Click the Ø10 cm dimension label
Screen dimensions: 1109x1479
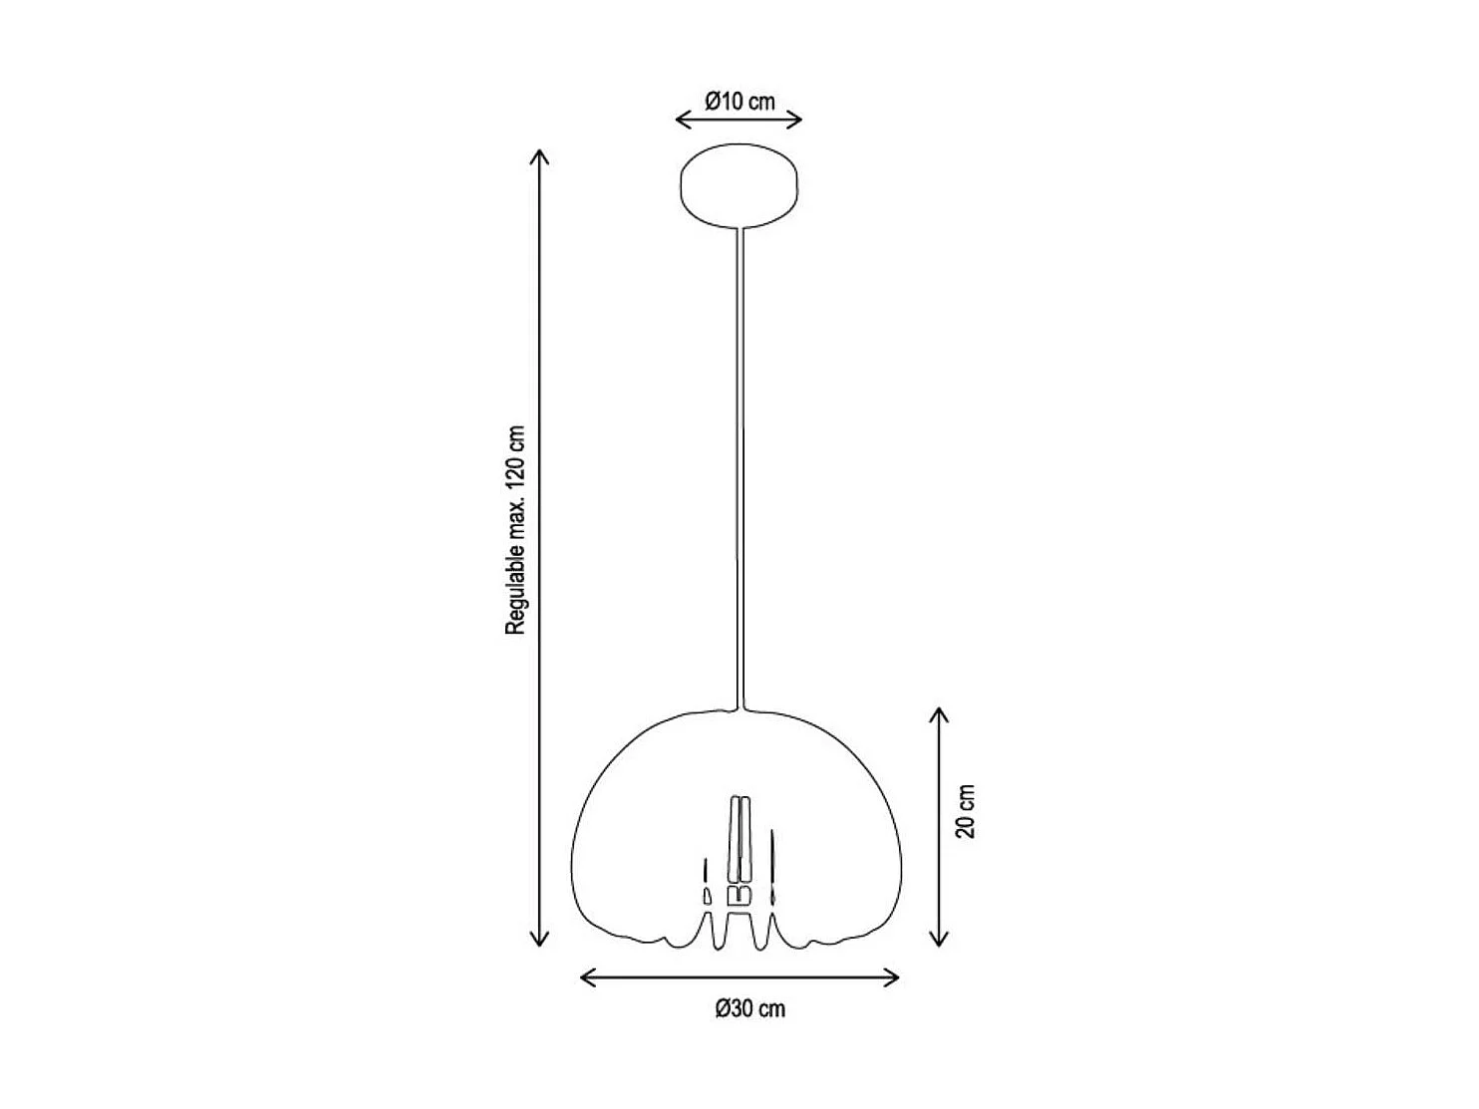[739, 101]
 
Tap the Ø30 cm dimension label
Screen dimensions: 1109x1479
[749, 1008]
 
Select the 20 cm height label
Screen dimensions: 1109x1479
[966, 810]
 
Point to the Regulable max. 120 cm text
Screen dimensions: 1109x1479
[514, 531]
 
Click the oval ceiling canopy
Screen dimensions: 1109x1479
[739, 186]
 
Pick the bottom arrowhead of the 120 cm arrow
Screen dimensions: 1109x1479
[539, 940]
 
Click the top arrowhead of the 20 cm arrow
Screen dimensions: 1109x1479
[938, 714]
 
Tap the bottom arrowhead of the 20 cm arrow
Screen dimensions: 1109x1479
[938, 940]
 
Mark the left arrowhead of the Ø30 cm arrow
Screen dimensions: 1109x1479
[586, 977]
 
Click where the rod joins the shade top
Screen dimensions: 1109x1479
[739, 708]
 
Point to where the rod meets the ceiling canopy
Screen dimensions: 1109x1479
[739, 229]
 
